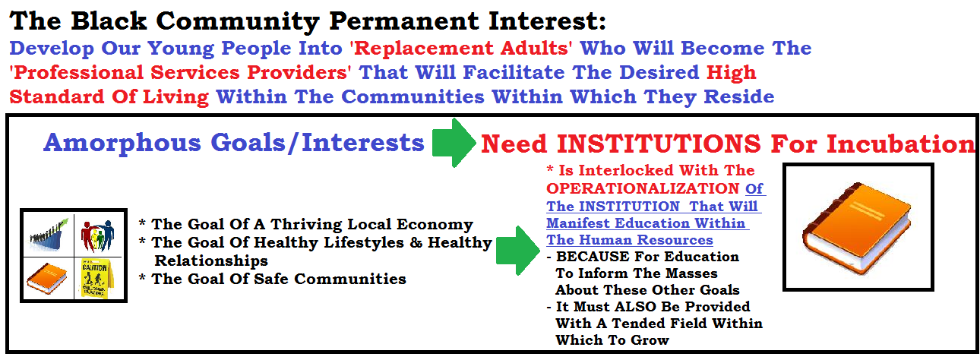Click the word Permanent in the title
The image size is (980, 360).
point(405,21)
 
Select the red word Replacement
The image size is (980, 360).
point(423,48)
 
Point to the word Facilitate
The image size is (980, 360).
point(514,72)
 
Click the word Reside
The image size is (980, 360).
point(738,96)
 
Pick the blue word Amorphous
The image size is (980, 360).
point(122,144)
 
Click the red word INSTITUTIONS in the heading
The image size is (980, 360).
point(659,144)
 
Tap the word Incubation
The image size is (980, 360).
point(901,144)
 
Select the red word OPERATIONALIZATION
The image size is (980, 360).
point(643,188)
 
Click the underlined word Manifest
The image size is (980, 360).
point(577,223)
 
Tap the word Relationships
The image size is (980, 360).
point(211,261)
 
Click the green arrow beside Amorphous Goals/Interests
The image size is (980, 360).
point(454,143)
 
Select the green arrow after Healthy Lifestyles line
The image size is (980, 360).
point(518,251)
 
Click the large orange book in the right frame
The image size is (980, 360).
point(858,228)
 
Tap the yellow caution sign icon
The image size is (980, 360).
point(95,278)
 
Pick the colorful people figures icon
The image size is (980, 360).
point(98,235)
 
